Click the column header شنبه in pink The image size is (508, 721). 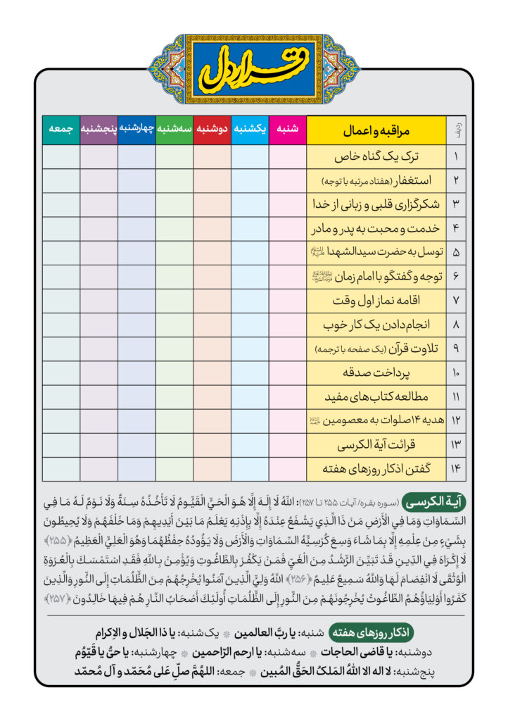288,130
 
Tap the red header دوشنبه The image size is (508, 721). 212,130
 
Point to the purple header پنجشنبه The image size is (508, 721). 99,130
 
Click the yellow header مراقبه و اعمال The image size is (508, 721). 376,130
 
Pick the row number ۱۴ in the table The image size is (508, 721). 456,469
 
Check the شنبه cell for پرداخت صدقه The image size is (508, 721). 288,372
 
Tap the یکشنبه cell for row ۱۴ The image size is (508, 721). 250,469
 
